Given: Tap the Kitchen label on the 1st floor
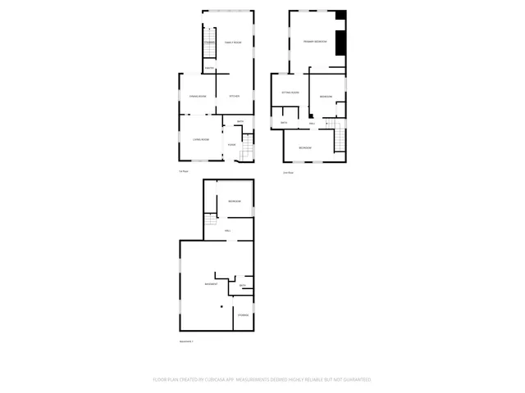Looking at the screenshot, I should pyautogui.click(x=234, y=97).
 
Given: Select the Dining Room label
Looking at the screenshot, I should pyautogui.click(x=197, y=97).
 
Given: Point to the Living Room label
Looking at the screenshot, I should pyautogui.click(x=201, y=140).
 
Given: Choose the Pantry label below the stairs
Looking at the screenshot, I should pyautogui.click(x=209, y=68).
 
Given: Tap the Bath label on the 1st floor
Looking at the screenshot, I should pyautogui.click(x=240, y=122).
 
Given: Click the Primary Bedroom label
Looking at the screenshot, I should pyautogui.click(x=315, y=41).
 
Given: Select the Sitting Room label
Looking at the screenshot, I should pyautogui.click(x=290, y=93).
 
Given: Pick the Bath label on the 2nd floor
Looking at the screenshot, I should pyautogui.click(x=284, y=123).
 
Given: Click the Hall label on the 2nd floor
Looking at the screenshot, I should pyautogui.click(x=313, y=124).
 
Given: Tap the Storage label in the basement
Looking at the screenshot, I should pyautogui.click(x=243, y=315).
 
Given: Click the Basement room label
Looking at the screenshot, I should pyautogui.click(x=211, y=284).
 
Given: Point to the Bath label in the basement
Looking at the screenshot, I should pyautogui.click(x=243, y=286).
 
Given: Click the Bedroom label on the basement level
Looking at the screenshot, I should pyautogui.click(x=234, y=201).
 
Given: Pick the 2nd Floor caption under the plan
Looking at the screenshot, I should pyautogui.click(x=288, y=173).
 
